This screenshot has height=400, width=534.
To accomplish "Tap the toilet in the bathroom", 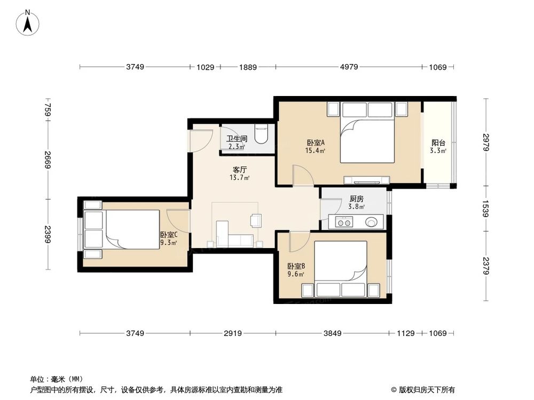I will point(261,135).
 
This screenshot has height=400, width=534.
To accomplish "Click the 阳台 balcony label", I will point(438,142).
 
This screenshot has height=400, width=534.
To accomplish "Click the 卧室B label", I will point(296,266).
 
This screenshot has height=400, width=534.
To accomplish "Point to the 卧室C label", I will point(168,234).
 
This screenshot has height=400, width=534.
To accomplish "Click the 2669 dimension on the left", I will point(48,159).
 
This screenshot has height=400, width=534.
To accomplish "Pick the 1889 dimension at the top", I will point(248,67).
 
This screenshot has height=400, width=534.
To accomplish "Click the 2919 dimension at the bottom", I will point(233,333).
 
